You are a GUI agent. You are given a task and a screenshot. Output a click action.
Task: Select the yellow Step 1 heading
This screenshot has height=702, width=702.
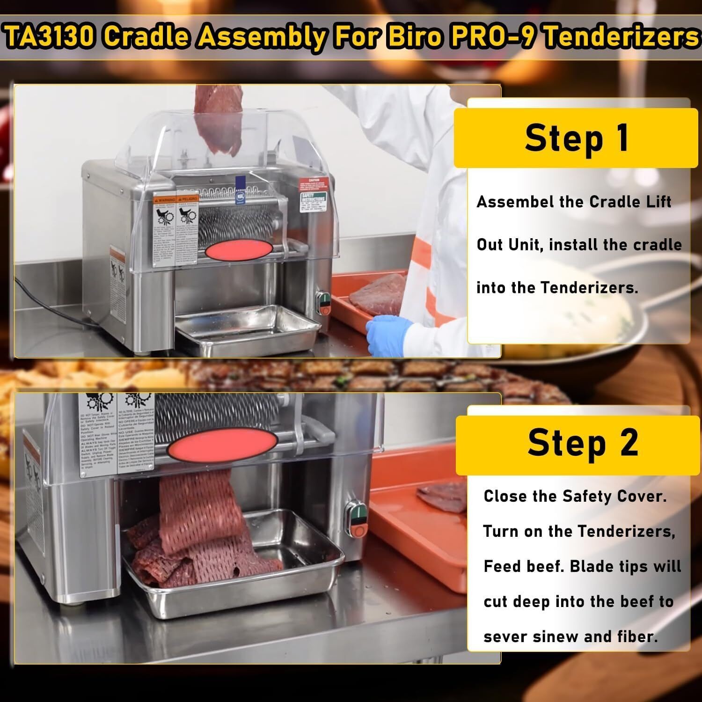point(576,138)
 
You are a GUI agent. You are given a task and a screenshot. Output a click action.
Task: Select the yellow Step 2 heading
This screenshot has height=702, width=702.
point(582,443)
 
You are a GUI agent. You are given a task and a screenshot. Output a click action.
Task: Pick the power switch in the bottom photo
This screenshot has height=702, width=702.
point(356,519)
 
